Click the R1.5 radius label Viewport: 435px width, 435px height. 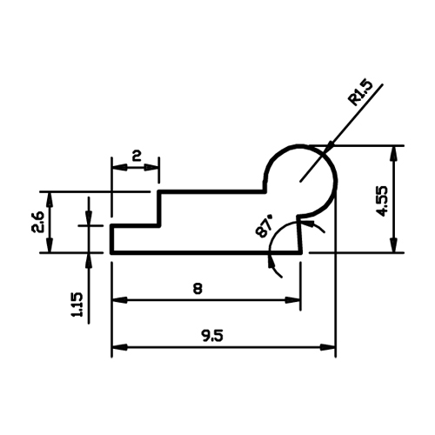click(x=361, y=93)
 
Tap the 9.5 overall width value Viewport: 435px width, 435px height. click(x=213, y=336)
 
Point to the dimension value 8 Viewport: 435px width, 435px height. click(x=197, y=289)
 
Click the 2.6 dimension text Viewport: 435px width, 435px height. click(x=37, y=222)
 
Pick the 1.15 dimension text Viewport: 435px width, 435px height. click(x=77, y=304)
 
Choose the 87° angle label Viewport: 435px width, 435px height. click(x=264, y=226)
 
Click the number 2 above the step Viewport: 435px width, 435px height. click(x=137, y=157)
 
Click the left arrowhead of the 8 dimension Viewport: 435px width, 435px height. click(x=120, y=300)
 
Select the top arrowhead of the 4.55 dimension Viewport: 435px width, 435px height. click(x=393, y=153)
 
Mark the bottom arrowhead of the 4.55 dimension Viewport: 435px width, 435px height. click(x=393, y=245)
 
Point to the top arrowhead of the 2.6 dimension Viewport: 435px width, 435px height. click(x=50, y=199)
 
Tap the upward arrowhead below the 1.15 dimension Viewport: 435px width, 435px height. click(x=89, y=260)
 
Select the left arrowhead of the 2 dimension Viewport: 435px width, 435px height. click(x=120, y=167)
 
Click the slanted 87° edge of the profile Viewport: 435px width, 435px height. click(x=299, y=234)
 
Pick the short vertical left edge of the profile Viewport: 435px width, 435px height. click(x=112, y=239)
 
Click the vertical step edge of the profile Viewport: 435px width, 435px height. click(x=159, y=209)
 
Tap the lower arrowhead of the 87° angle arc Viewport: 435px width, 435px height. click(x=271, y=260)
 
